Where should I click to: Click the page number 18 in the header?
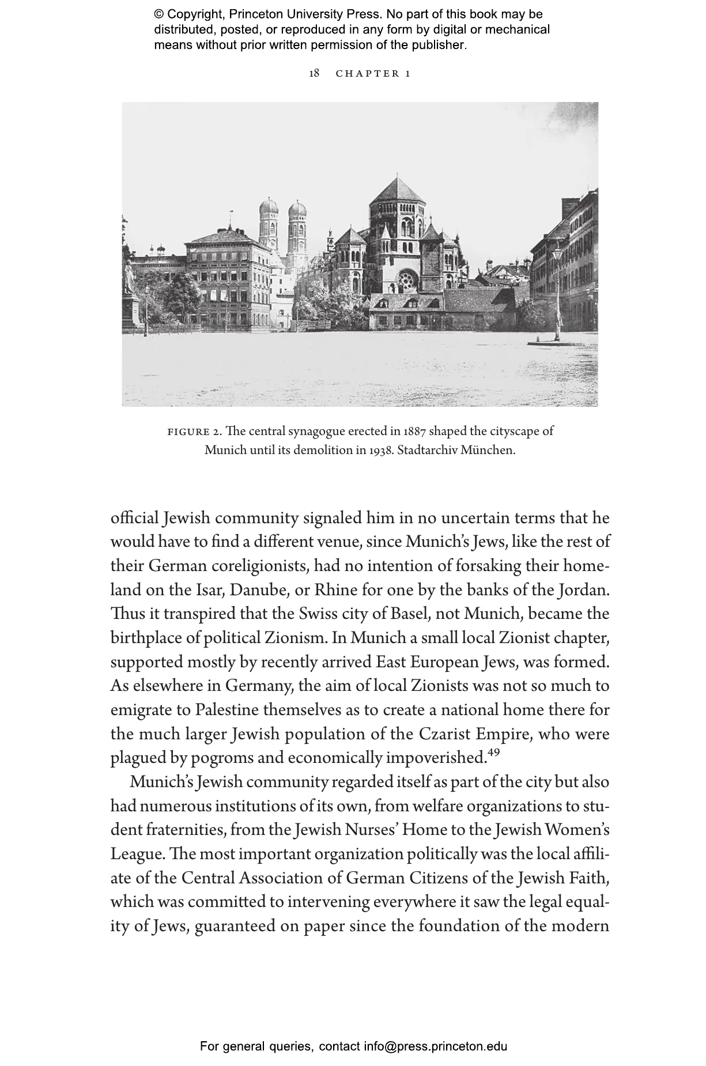pos(314,73)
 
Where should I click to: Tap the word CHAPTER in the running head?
pos(368,73)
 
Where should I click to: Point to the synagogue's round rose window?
pos(407,279)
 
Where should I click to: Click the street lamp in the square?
pos(557,294)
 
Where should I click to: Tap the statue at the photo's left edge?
pos(130,282)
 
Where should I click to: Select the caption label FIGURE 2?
pos(194,432)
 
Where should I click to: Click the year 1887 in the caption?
pos(415,432)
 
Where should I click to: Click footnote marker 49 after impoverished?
pos(493,752)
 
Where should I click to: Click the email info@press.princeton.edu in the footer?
pos(435,1046)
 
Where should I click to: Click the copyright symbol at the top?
pos(159,14)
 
